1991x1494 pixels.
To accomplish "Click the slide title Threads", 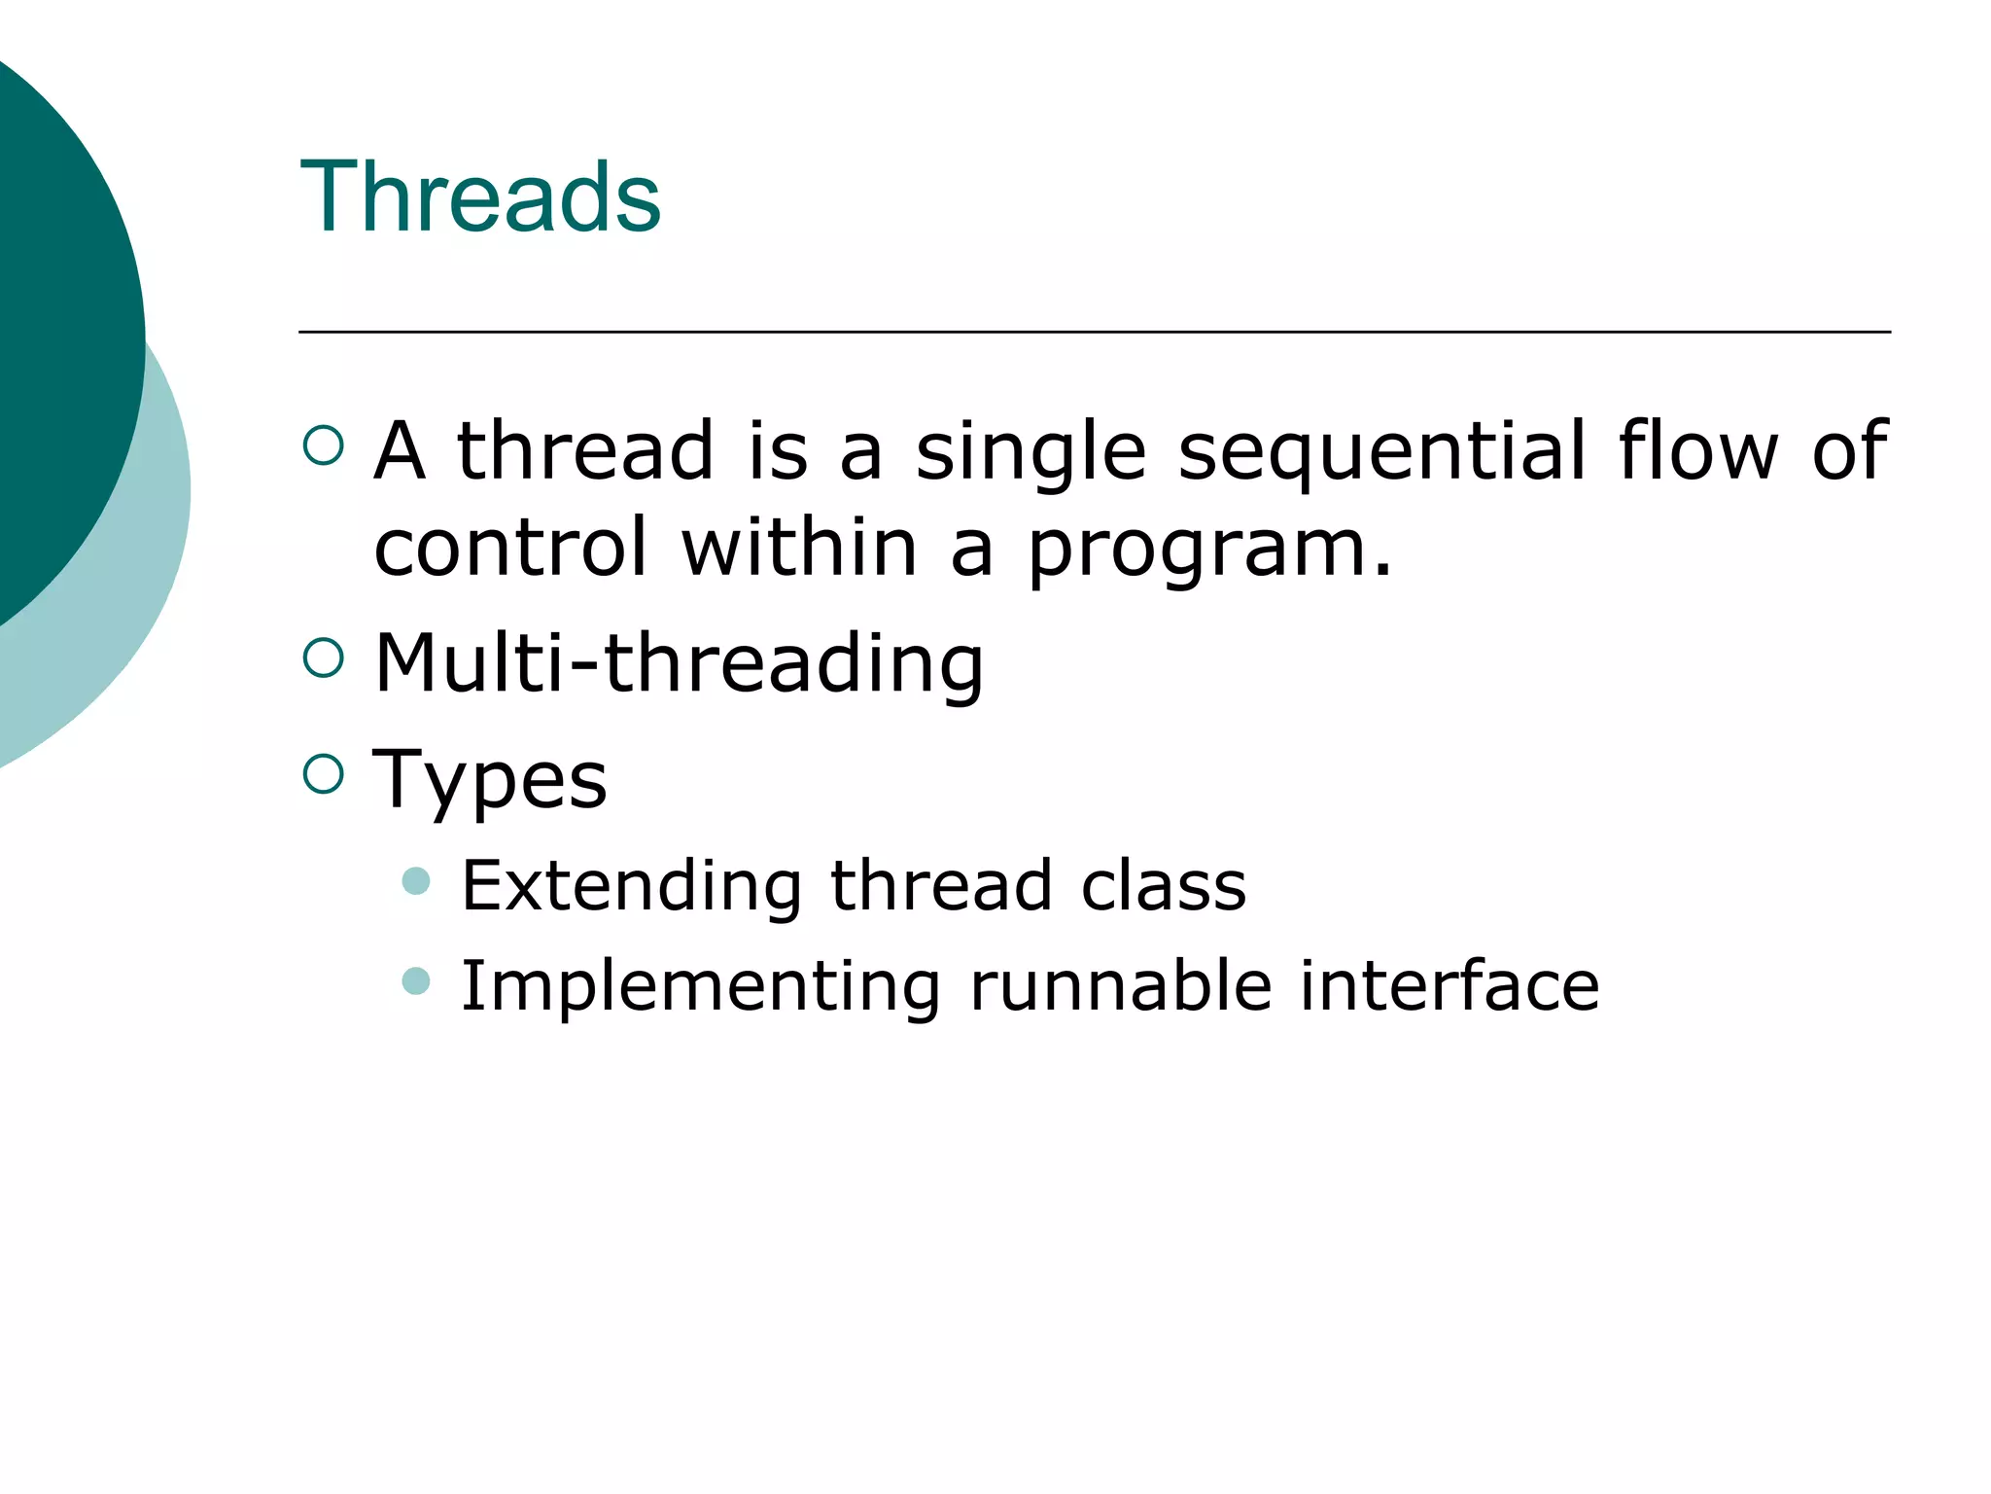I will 480,197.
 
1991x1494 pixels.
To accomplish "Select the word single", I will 1030,452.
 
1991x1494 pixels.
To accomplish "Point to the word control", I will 510,547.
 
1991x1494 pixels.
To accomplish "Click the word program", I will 1208,549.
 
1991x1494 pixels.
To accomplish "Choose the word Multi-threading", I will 679,663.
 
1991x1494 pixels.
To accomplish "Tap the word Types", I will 490,780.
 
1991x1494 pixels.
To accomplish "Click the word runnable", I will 1120,985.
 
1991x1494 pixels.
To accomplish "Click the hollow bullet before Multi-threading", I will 324,658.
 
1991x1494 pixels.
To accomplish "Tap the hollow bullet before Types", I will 324,774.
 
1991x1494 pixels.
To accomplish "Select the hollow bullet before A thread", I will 324,446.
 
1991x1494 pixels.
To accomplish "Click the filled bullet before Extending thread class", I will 416,881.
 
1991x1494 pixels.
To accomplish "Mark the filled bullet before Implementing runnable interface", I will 416,980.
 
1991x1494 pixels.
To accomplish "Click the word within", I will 799,547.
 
